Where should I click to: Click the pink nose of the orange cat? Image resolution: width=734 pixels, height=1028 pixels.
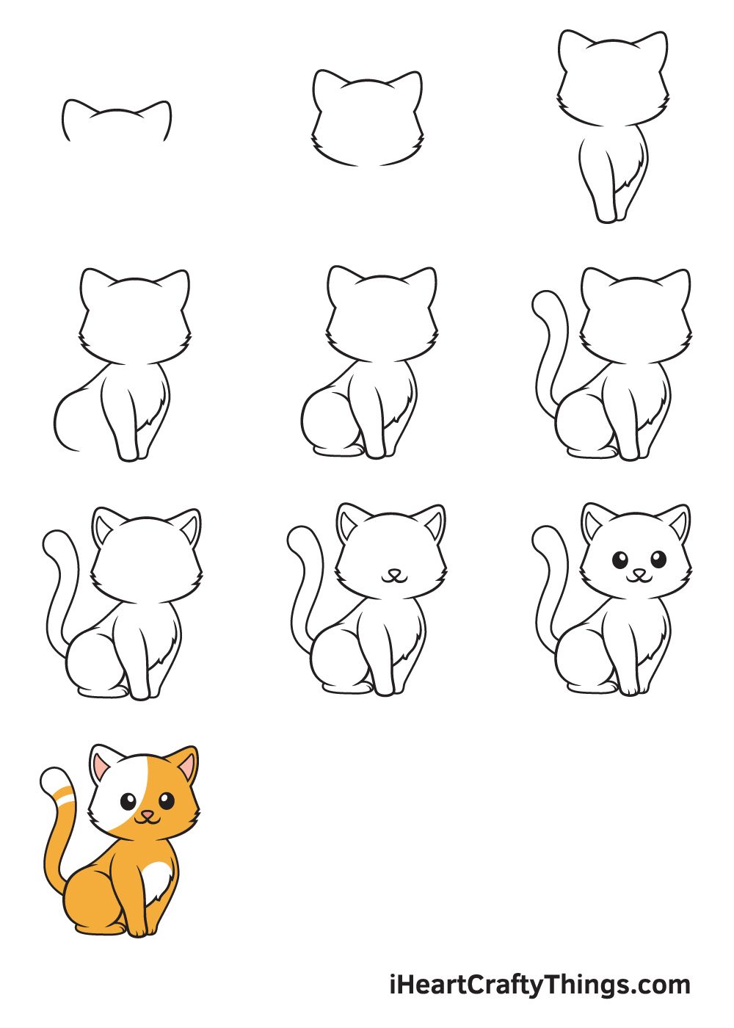click(x=148, y=814)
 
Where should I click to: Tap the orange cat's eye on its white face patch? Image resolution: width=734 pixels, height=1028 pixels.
click(x=128, y=800)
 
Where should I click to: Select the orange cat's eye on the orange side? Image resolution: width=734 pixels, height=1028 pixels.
click(x=167, y=800)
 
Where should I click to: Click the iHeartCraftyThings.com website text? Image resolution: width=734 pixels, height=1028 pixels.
click(x=539, y=985)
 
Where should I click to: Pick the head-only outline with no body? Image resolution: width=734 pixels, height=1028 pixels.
click(x=368, y=117)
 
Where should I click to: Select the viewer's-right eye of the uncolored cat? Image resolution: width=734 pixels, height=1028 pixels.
click(x=658, y=560)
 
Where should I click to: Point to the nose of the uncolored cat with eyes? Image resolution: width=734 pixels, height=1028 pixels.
click(x=639, y=573)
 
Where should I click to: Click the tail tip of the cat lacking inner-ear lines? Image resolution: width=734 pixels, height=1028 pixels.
click(x=545, y=303)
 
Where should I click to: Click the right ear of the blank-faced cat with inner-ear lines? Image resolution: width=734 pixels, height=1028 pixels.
click(x=189, y=525)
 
